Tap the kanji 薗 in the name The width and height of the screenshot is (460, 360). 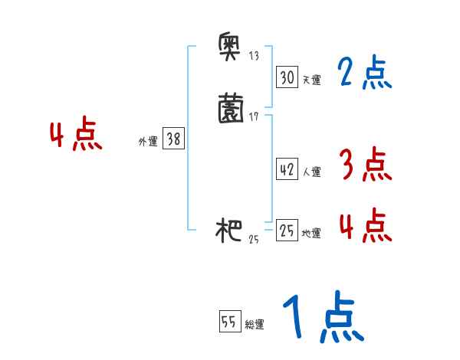tap(231, 108)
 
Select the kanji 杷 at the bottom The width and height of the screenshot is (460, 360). tap(230, 231)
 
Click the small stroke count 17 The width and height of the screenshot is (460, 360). tap(254, 116)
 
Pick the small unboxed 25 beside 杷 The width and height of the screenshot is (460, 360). tap(254, 240)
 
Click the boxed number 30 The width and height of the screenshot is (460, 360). tap(287, 78)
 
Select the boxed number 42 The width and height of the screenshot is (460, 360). tap(287, 170)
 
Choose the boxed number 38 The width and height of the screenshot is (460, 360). tap(174, 139)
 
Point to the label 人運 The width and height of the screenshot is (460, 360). tap(312, 172)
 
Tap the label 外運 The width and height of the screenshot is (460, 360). tap(148, 141)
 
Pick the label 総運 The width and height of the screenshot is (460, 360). tap(255, 324)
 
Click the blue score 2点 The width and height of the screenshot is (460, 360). tap(365, 74)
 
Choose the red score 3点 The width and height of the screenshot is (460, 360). tap(365, 164)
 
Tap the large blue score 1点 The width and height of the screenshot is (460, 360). tap(322, 317)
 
